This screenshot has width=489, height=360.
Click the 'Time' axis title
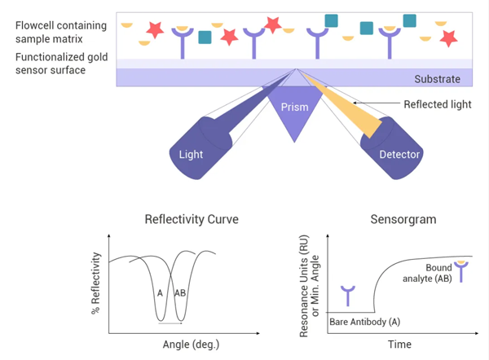(399, 345)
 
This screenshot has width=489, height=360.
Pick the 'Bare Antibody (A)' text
(364, 323)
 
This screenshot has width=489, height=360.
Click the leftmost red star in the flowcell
(153, 31)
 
